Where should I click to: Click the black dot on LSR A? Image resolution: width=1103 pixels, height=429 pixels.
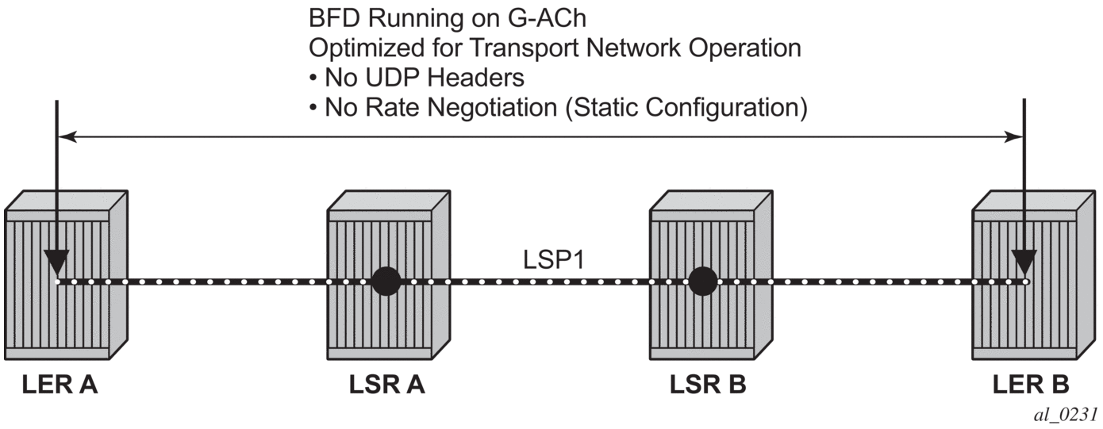pos(386,281)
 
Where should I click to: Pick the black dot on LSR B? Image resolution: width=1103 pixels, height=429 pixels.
pos(703,281)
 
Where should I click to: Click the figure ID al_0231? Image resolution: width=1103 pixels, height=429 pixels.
pos(1070,414)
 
